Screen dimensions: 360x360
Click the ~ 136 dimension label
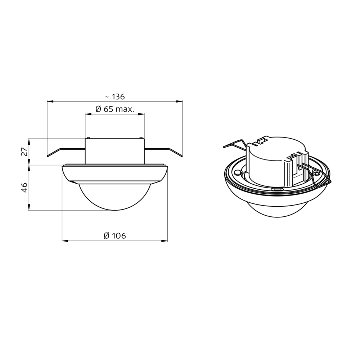115,97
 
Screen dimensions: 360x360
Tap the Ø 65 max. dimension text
114,109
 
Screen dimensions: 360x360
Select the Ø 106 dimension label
115,235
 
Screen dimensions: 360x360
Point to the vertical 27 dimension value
24,152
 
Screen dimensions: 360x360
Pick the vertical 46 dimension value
24,188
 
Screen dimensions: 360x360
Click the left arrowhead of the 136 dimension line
50,101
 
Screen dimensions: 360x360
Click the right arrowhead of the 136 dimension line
180,101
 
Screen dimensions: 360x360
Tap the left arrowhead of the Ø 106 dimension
65,241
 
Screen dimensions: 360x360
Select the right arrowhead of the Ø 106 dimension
165,241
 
